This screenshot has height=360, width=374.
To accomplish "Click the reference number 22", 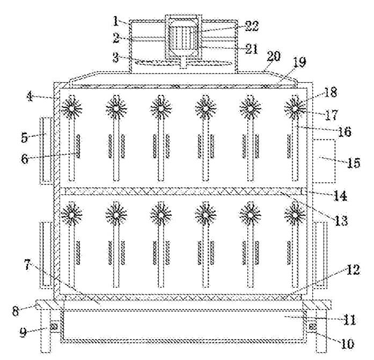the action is pos(252,26).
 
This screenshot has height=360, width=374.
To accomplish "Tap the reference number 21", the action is pos(251,49).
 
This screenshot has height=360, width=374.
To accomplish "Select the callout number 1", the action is pos(116,21).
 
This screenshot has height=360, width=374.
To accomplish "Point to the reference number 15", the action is pos(354,163).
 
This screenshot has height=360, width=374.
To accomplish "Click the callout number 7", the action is pos(27,265).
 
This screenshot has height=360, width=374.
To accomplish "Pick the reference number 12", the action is pos(353,270).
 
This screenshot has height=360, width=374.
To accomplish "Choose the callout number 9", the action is pos(23,332).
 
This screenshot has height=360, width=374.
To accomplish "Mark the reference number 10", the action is pos(347,343).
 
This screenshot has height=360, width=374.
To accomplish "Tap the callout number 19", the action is pos(299,62).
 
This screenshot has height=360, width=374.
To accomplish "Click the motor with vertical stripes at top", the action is pos(183,39).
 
